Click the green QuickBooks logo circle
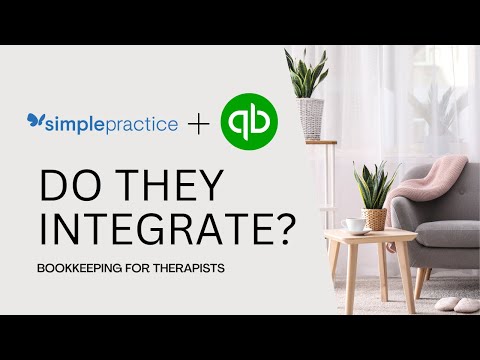point(249,123)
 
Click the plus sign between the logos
point(200,125)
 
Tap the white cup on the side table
point(354,225)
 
